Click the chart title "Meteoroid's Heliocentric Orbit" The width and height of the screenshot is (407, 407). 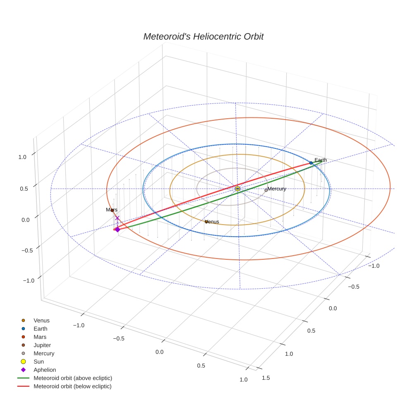click(x=203, y=36)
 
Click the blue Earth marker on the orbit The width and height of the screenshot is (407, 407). click(x=311, y=163)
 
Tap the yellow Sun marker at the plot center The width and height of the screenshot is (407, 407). click(x=237, y=189)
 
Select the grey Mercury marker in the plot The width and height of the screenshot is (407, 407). click(x=266, y=190)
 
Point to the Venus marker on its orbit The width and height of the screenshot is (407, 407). click(x=206, y=222)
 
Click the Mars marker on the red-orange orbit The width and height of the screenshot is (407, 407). click(x=112, y=211)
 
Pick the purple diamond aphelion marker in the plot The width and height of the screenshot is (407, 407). click(x=117, y=229)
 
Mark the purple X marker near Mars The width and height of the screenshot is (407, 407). click(x=117, y=218)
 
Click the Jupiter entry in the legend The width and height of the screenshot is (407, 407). click(x=42, y=345)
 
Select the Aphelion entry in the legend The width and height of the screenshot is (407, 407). click(x=44, y=370)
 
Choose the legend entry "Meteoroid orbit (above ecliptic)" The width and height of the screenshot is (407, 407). click(x=72, y=378)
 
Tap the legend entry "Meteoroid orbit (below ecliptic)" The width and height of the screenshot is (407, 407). click(x=72, y=386)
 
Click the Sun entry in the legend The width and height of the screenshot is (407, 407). click(x=38, y=362)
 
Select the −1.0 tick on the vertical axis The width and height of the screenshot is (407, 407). click(x=28, y=280)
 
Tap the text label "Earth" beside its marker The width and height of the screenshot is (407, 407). click(x=321, y=160)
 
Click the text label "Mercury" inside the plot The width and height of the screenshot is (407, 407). click(x=277, y=189)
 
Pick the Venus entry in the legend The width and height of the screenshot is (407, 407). click(x=41, y=320)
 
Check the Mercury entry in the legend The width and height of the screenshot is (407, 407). click(x=44, y=353)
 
